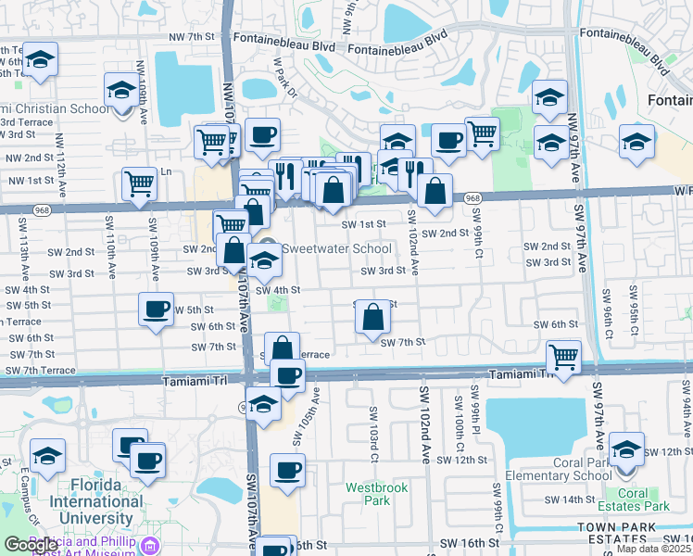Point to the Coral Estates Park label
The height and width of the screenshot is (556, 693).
[645, 499]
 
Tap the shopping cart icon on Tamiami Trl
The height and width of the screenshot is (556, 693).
[564, 355]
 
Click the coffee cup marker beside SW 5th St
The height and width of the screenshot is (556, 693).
[157, 309]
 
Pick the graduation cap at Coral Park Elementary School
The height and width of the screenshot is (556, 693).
[627, 448]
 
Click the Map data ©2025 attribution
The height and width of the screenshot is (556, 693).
[653, 549]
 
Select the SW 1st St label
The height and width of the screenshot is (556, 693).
[363, 223]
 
